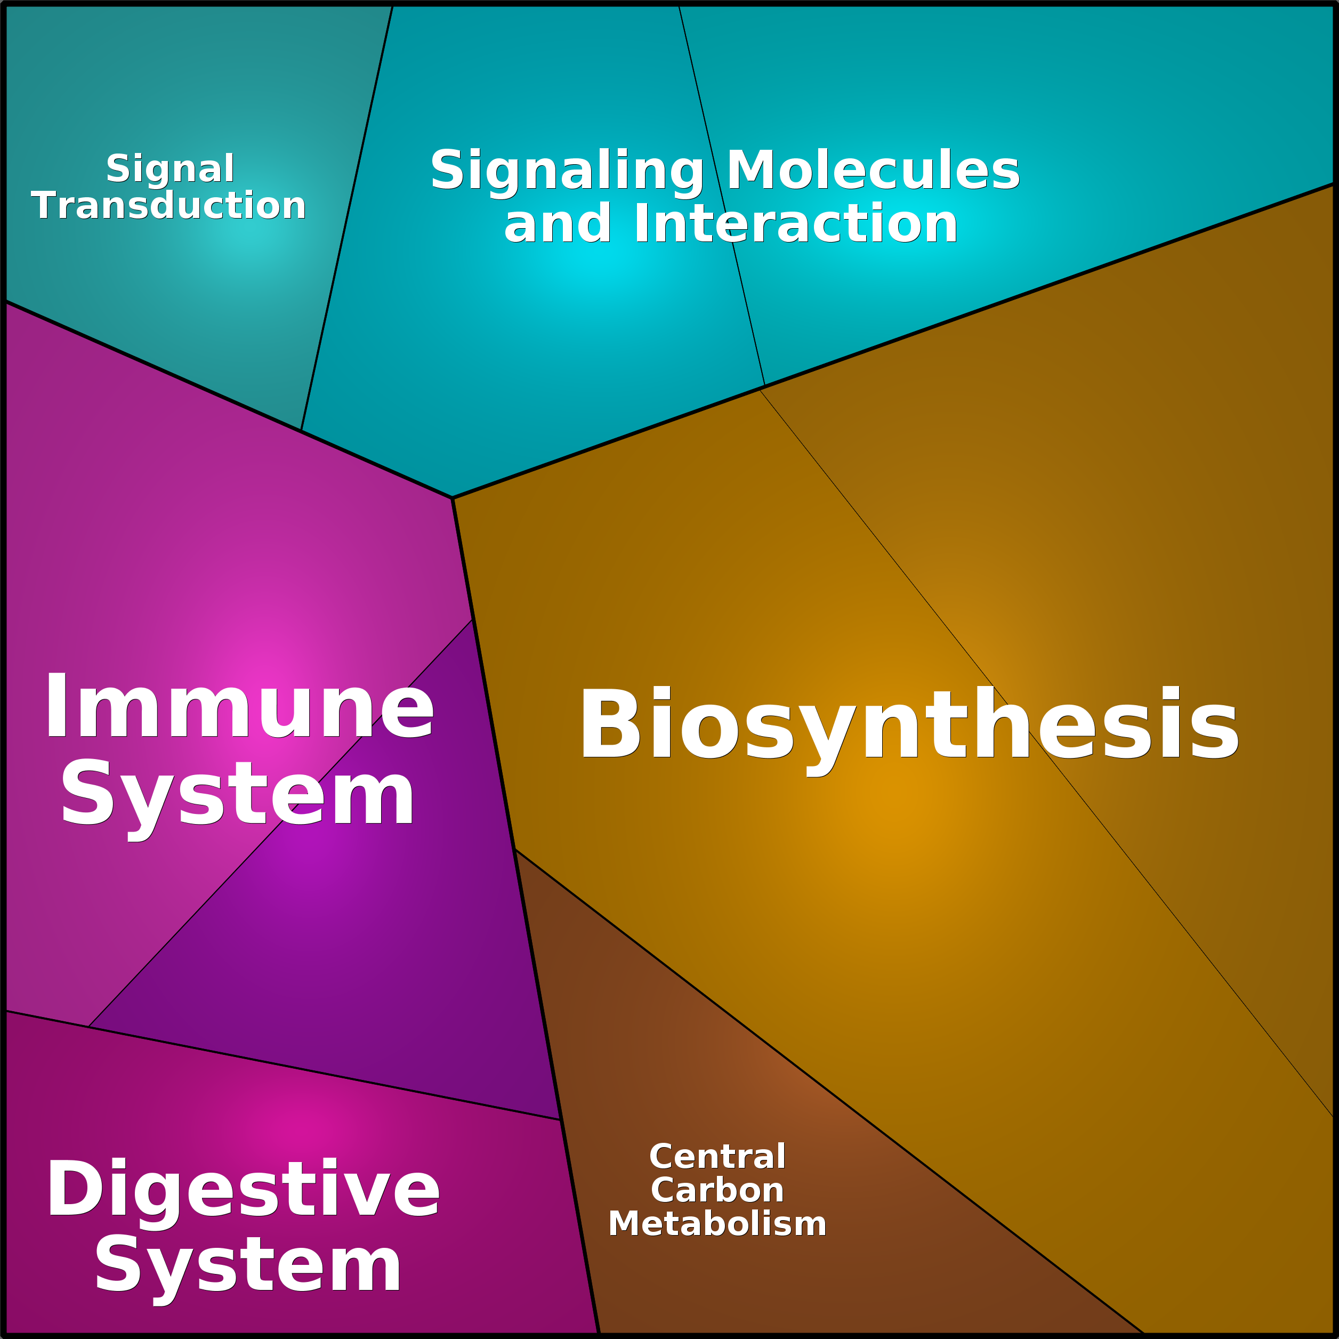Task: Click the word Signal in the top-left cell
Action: click(170, 169)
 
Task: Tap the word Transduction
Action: click(168, 205)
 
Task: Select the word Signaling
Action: click(567, 171)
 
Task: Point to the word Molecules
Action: click(873, 170)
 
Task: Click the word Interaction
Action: click(796, 223)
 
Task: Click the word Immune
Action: click(239, 706)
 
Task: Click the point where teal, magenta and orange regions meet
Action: click(452, 498)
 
